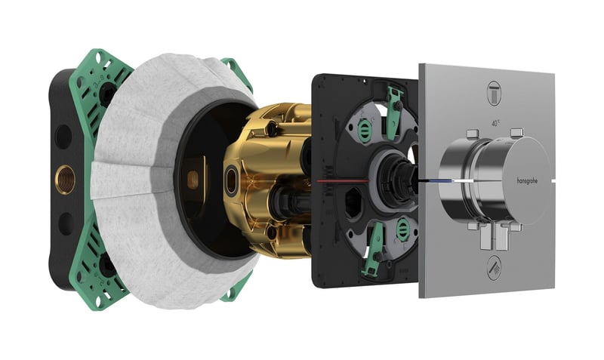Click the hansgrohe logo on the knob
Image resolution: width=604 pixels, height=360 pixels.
click(532, 180)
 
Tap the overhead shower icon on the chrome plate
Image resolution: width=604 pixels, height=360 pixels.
click(495, 88)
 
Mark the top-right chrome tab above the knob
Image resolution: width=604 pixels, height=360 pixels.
click(516, 134)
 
